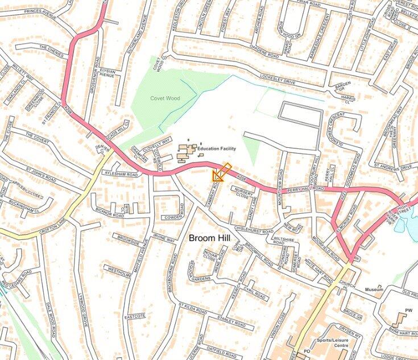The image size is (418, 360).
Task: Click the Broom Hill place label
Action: pos(210,238)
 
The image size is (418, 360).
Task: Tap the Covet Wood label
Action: pos(165,98)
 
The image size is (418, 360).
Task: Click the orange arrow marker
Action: pos(221,172)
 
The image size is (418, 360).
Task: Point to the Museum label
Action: pos(374,289)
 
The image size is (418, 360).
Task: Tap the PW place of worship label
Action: pos(407,310)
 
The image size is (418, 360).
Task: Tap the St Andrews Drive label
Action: pos(398,168)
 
